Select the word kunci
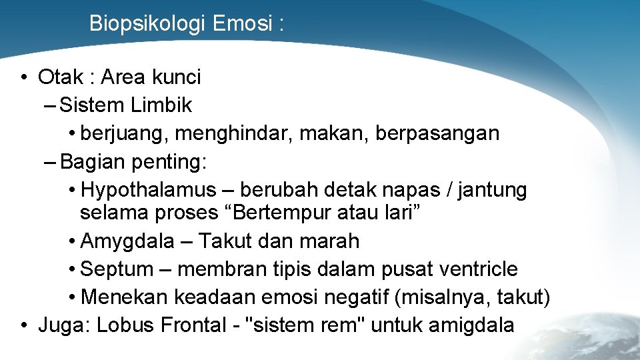pos(176,77)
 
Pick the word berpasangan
pos(437,133)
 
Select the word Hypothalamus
pos(149,190)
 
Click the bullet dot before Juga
pos(23,325)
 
